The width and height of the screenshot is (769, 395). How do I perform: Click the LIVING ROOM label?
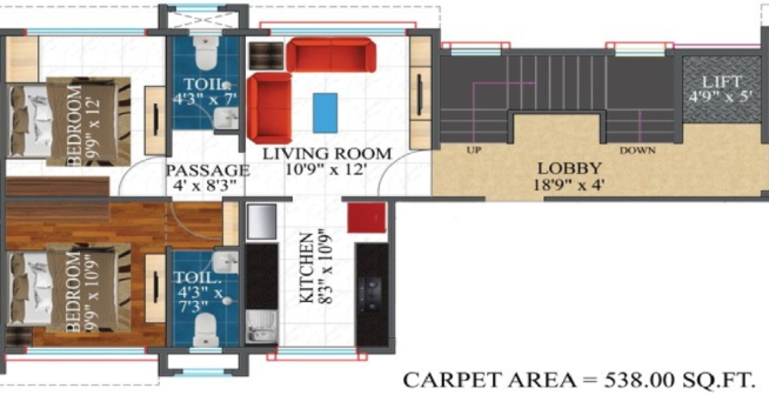tap(327, 154)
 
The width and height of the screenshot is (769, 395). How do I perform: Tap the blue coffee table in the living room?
tap(325, 112)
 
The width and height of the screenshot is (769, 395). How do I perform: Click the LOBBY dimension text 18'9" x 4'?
tap(569, 184)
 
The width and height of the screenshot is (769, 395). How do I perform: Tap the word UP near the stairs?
tap(473, 151)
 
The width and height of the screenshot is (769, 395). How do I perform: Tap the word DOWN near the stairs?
tap(637, 151)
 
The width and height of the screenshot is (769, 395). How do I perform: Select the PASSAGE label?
tap(208, 171)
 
